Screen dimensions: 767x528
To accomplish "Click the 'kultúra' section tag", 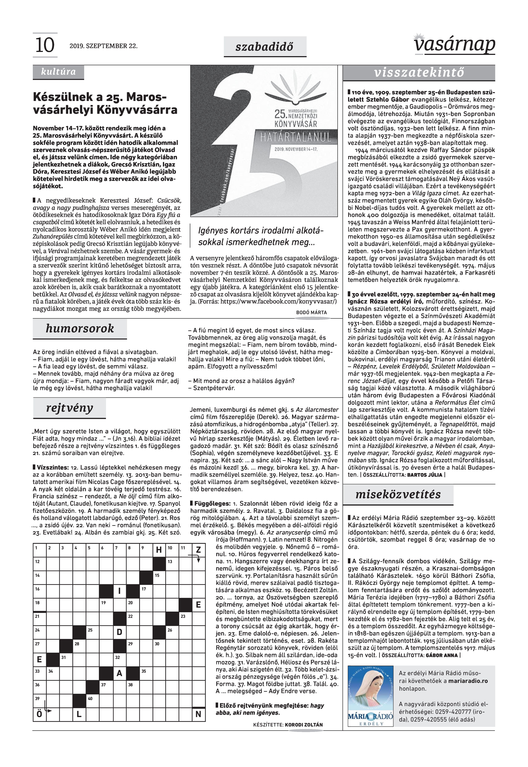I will point(58,72).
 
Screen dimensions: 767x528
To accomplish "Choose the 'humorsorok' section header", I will point(80,328).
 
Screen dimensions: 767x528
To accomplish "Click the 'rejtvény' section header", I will point(69,408).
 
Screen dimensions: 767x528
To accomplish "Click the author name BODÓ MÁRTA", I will point(311,312).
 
